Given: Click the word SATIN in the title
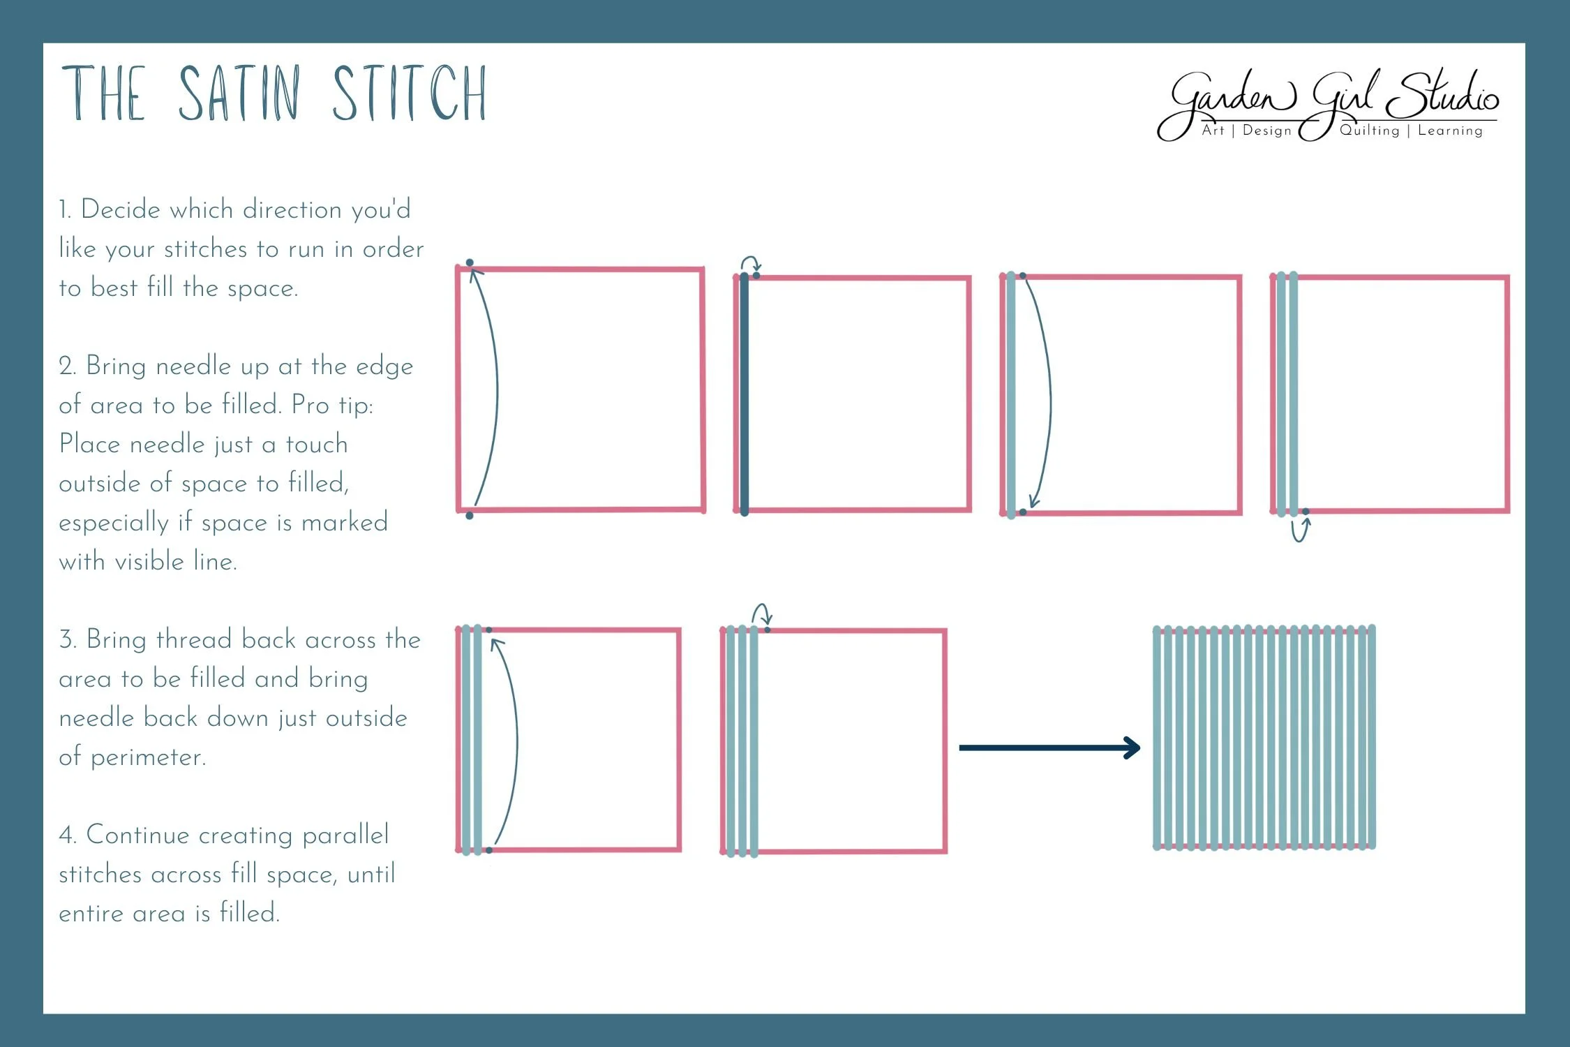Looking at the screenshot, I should point(239,94).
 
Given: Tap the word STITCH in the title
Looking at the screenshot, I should point(409,94).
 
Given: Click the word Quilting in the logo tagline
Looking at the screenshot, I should point(1369,131).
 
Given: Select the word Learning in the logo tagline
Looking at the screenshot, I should point(1450,131).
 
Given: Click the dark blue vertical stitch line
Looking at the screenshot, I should point(744,394).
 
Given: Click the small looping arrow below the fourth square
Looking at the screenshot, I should point(1300,530).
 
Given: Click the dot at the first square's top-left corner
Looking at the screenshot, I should point(470,262).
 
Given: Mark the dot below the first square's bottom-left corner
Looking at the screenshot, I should point(469,516).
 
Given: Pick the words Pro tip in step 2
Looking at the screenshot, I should point(332,405).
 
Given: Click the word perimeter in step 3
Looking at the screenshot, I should point(148,757).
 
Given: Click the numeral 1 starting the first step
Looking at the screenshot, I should point(63,209).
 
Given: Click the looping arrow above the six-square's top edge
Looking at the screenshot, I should point(761,614).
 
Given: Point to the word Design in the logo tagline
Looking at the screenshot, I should point(1266,131).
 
